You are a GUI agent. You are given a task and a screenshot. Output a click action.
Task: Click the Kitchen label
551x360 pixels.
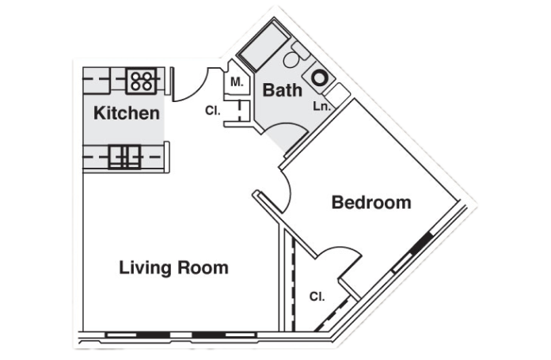coord(127,113)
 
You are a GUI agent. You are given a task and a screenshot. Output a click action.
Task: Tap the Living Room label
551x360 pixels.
coord(174,267)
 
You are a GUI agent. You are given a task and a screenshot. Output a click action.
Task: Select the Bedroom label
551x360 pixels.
coord(371,203)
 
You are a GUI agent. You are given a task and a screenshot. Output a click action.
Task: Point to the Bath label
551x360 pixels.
coord(282,90)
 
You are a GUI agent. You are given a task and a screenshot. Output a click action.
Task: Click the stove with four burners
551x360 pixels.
coord(141,81)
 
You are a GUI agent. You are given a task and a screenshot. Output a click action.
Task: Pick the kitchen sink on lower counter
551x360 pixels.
coord(124,157)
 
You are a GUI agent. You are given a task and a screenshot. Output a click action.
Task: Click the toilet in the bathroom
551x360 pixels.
coord(295,55)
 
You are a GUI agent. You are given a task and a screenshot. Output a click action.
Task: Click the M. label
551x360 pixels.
coord(237,82)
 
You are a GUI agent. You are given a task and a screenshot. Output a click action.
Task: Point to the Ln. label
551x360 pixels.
coord(322,106)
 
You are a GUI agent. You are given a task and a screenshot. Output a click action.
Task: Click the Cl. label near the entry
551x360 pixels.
coord(213,111)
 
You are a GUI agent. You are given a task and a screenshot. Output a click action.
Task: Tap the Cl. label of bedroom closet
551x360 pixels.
coord(317,297)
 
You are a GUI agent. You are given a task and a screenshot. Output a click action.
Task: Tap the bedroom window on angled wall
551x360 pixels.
coord(412,252)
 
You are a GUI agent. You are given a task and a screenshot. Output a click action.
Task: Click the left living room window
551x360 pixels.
coord(138,335)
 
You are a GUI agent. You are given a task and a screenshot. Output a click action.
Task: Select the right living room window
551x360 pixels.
coord(224,335)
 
